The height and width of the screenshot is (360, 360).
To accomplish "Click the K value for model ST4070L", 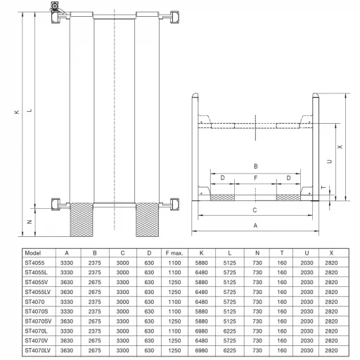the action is pos(201,331).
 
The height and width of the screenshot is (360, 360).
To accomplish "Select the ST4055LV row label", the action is pos(37,292).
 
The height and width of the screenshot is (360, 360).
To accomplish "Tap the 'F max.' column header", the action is pos(174,253).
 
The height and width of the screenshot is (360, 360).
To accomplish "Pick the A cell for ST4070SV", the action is pos(67,321).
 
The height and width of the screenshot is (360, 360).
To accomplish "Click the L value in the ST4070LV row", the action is pos(229,350).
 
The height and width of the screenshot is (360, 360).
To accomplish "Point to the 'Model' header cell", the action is pos(33,253).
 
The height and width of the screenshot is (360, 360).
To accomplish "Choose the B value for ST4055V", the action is pos(94,282).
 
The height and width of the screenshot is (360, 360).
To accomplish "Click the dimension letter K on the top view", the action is pos(17,112).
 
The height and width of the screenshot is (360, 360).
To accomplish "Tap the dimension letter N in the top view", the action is pos(30,221).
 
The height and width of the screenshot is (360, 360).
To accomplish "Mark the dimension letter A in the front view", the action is pos(255,226).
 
